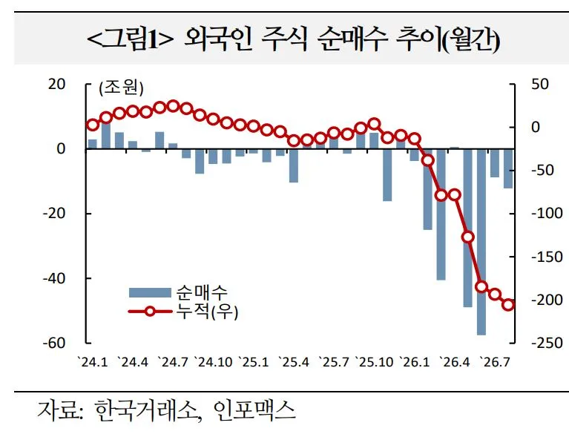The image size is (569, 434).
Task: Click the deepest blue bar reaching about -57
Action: [481, 242]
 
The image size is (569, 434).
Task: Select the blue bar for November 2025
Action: [387, 175]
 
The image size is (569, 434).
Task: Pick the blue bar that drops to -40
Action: [441, 214]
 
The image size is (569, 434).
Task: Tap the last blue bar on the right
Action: [508, 168]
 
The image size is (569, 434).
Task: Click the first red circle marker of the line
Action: [93, 125]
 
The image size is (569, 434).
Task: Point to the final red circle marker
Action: [508, 304]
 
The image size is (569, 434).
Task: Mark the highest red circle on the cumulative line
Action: [173, 106]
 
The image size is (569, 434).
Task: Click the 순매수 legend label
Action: [202, 292]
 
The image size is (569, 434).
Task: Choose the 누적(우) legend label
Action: [207, 312]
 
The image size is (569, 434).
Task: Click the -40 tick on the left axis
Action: [53, 279]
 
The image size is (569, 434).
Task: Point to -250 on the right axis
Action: [547, 343]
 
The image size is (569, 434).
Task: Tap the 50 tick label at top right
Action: [540, 84]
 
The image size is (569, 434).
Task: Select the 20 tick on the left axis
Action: [56, 84]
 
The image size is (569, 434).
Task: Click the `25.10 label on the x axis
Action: [374, 362]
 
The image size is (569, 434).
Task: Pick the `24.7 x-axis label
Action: [173, 362]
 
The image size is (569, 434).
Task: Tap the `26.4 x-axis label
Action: [454, 362]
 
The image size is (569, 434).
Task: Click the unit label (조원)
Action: [121, 88]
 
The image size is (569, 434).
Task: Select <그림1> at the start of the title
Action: [131, 39]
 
